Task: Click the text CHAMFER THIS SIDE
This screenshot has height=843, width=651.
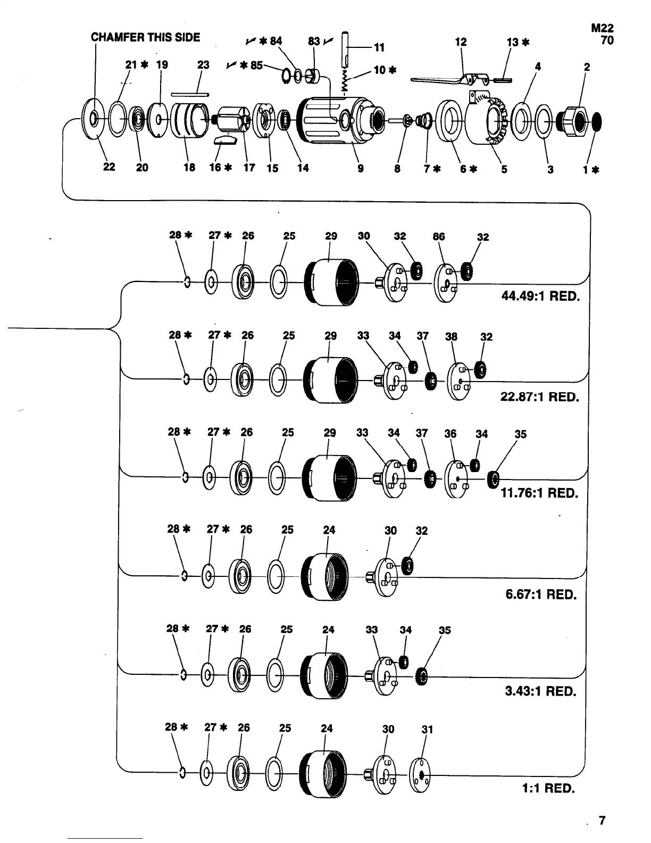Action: (x=145, y=37)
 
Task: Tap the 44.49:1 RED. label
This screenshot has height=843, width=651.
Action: (x=540, y=296)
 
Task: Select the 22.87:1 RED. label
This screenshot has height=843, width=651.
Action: (x=539, y=397)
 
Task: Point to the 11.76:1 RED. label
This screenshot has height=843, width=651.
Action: (x=539, y=493)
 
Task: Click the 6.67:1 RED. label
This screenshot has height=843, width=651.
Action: (x=541, y=594)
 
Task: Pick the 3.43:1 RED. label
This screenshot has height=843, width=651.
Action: (x=540, y=691)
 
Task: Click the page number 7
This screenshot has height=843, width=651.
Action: (x=602, y=821)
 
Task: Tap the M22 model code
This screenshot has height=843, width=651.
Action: (x=602, y=29)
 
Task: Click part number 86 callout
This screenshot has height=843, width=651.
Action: (x=439, y=236)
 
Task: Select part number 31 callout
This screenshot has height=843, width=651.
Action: (x=427, y=730)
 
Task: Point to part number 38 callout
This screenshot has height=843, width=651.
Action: (x=451, y=336)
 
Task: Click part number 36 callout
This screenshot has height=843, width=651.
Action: (x=450, y=434)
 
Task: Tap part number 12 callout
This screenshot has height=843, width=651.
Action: (x=461, y=42)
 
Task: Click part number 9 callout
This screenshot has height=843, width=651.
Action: (x=361, y=169)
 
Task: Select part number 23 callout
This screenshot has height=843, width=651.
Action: (x=203, y=65)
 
